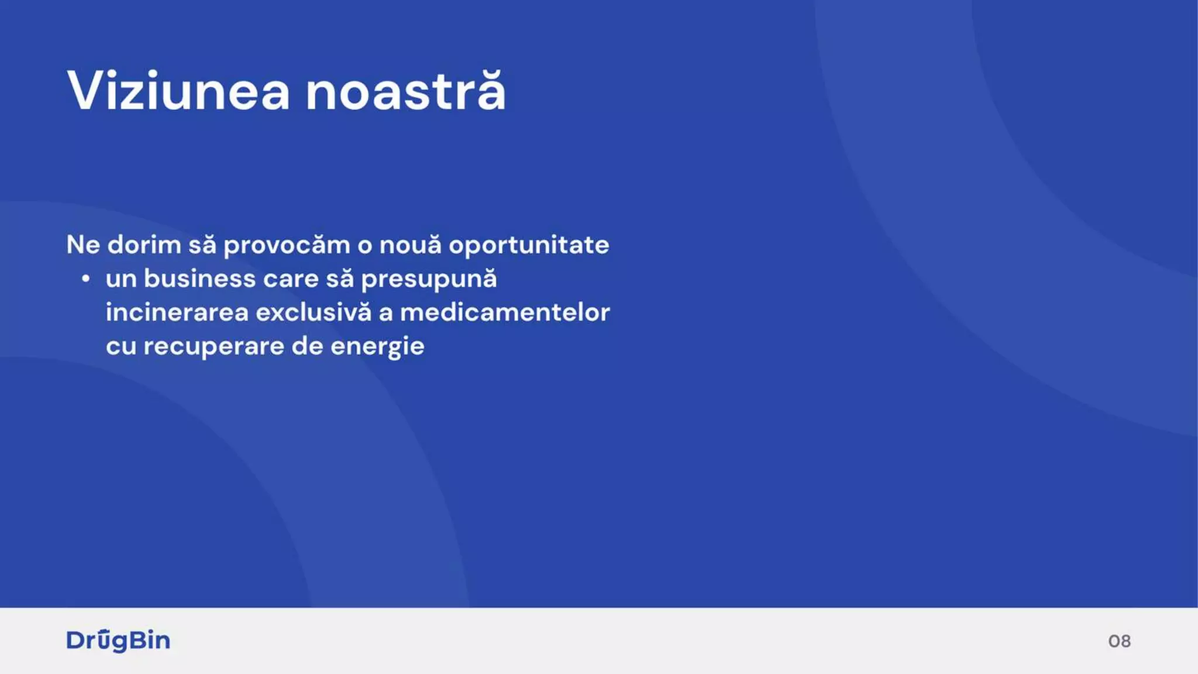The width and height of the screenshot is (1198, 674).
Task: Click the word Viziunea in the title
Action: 178,91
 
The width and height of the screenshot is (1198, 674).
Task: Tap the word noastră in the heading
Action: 405,91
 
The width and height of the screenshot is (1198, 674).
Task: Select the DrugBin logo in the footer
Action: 118,641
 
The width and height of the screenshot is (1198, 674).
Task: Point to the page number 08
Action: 1119,641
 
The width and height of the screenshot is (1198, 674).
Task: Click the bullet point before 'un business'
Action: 86,279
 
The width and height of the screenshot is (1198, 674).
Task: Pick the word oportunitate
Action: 529,245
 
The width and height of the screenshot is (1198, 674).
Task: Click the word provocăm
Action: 287,245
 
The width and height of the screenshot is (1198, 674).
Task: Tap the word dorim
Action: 144,245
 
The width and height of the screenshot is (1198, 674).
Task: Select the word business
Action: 200,279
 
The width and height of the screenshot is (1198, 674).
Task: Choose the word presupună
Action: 429,279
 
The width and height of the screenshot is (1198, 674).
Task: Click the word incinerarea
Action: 177,312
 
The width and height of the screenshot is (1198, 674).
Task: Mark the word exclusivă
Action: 314,312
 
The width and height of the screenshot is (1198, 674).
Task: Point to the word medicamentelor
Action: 505,312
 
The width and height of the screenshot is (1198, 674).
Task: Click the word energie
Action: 377,346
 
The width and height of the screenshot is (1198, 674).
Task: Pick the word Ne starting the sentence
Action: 83,245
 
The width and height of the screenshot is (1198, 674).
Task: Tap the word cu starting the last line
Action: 121,346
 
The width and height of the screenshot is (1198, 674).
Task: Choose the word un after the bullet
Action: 121,279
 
